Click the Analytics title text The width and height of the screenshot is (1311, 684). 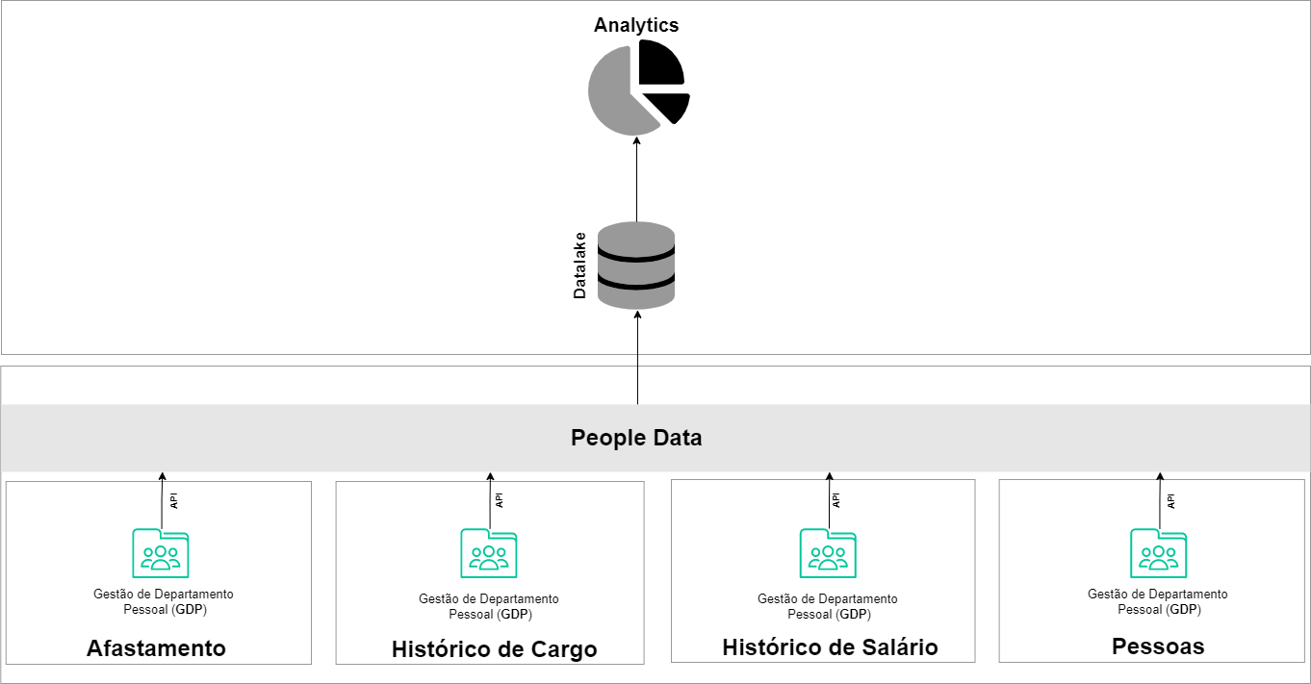tap(636, 25)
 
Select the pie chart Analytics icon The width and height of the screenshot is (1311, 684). tap(637, 87)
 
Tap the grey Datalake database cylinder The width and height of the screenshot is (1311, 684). tap(636, 265)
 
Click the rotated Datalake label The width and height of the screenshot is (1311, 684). tap(579, 265)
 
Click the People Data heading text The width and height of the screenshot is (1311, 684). tap(636, 438)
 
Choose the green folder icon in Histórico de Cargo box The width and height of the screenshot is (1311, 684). tap(489, 553)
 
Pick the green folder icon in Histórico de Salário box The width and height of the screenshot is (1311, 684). tap(828, 553)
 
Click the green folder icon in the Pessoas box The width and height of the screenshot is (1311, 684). tap(1158, 552)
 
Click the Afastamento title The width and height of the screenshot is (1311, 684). tap(156, 648)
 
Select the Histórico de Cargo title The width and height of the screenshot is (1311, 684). tap(494, 649)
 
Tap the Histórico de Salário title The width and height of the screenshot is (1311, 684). tap(830, 646)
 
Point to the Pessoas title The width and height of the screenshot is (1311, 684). tap(1158, 646)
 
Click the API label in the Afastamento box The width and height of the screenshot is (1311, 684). tap(174, 500)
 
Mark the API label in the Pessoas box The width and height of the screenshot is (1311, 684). tap(1171, 500)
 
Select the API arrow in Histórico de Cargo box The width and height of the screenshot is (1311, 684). tap(490, 500)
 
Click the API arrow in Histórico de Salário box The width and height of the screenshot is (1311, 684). tap(829, 500)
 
